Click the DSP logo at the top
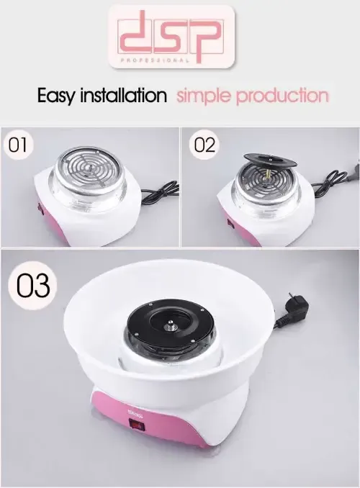171,37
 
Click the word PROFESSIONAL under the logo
154,60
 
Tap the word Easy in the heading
56,95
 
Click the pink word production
282,95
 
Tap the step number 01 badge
17,145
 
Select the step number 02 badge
204,145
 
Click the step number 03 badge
33,285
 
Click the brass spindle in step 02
266,172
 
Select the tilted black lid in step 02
269,161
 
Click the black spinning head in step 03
171,325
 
